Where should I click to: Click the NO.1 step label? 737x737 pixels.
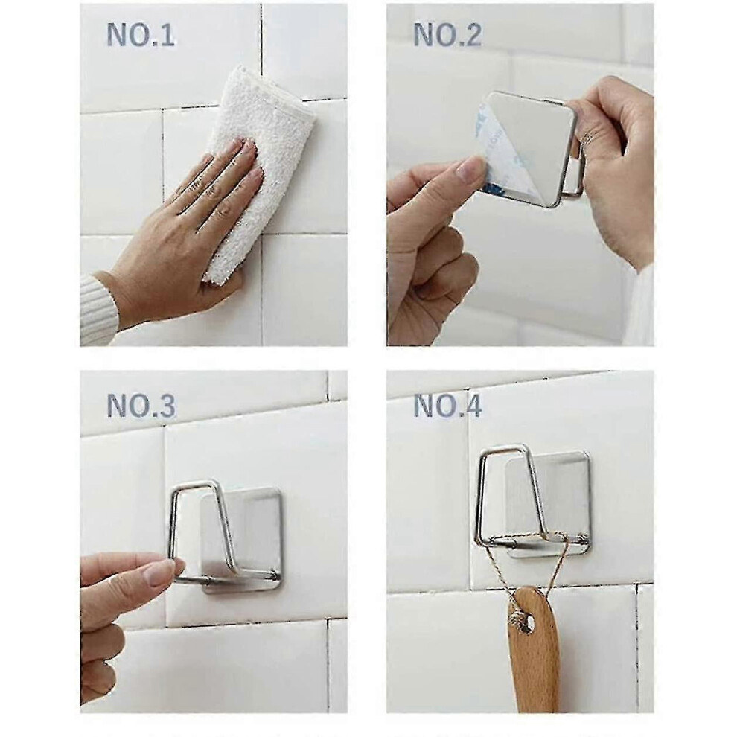tap(141, 35)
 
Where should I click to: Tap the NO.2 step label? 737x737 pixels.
tap(447, 35)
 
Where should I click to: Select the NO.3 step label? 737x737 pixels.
tap(141, 406)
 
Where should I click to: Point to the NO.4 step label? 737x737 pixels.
tap(447, 406)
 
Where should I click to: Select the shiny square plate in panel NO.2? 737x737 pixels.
tap(531, 148)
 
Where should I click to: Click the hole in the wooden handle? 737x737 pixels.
tap(530, 624)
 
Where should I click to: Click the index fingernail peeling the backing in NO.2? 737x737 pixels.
tap(471, 169)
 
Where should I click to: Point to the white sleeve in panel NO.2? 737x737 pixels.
tap(640, 305)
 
